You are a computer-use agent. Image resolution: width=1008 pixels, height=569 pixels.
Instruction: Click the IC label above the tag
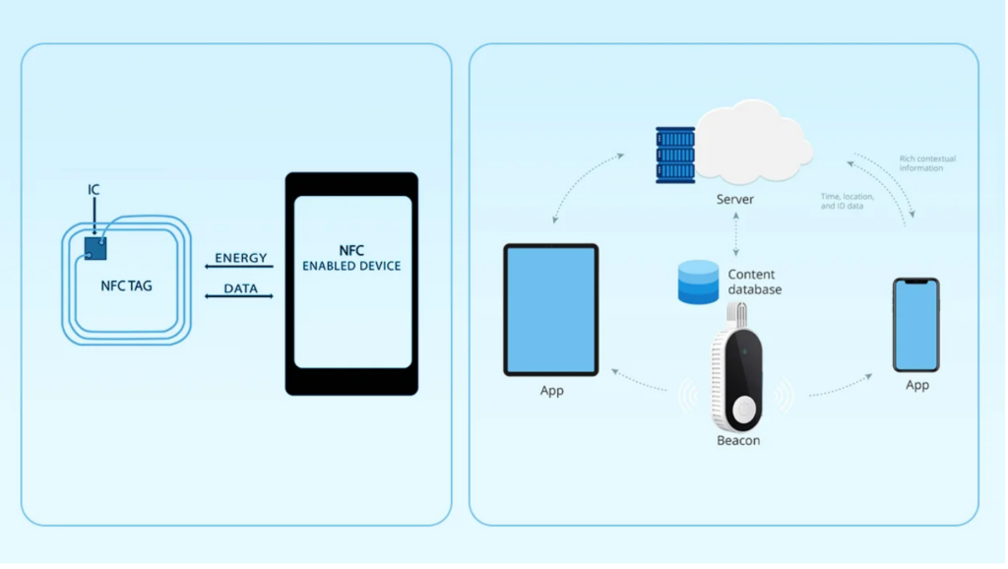tap(94, 190)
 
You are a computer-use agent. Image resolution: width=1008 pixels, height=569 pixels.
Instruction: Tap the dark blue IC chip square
tap(95, 248)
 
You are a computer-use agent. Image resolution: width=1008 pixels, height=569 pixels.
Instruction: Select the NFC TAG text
tap(127, 286)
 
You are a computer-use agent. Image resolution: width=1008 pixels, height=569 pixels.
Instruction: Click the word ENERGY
tap(241, 258)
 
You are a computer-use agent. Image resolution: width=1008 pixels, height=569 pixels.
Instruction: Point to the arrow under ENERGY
tap(238, 268)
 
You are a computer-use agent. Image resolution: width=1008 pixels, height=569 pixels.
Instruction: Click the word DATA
tap(240, 288)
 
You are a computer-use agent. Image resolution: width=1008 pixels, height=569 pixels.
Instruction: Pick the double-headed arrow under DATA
tap(238, 297)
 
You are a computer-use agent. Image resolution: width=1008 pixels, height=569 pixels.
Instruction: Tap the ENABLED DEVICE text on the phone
tap(351, 266)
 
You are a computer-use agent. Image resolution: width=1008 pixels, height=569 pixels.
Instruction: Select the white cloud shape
tap(753, 146)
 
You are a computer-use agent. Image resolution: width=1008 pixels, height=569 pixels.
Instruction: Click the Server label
tap(735, 200)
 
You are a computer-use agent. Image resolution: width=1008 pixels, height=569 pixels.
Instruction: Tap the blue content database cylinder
tap(698, 282)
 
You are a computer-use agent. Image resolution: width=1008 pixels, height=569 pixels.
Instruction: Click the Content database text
tap(755, 282)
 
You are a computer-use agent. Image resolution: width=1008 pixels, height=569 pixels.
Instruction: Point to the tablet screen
tap(551, 309)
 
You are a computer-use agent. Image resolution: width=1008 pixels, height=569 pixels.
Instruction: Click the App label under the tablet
tap(552, 391)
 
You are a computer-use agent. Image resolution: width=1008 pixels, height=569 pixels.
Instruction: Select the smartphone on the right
tap(915, 325)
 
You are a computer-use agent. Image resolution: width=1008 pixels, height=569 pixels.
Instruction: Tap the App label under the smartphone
tap(916, 386)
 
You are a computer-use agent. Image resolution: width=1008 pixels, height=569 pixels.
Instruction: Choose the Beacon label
tap(738, 441)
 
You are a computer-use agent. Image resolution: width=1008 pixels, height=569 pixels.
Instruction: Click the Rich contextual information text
tap(927, 163)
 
